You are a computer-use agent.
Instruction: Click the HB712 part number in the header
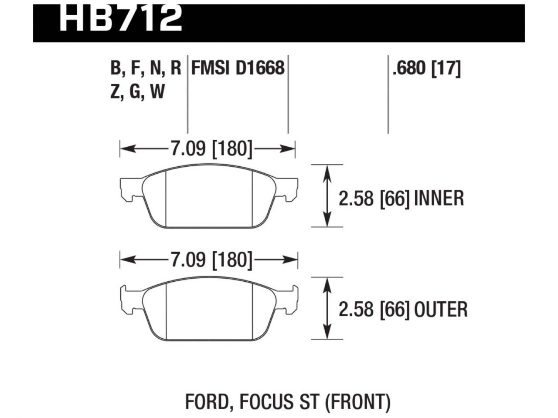tap(120, 18)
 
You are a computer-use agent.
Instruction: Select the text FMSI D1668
tap(238, 68)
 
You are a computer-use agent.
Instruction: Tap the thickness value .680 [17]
tap(426, 68)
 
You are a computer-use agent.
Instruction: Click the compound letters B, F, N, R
tap(146, 68)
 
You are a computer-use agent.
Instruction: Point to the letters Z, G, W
tap(138, 92)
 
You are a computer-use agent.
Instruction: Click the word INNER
tap(439, 199)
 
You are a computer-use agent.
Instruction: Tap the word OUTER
tap(441, 310)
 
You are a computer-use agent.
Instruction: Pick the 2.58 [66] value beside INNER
tap(374, 199)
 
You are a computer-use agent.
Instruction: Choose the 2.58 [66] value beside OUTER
tap(374, 310)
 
